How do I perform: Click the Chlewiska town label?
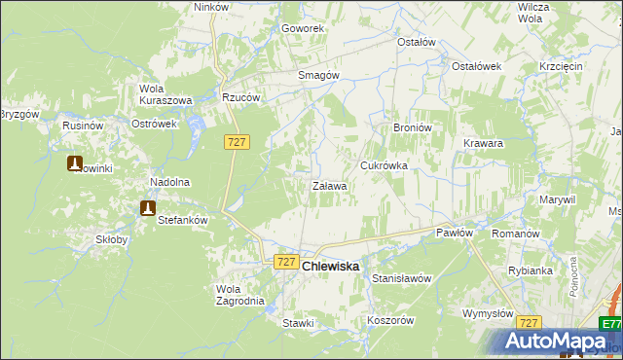pyautogui.click(x=330, y=266)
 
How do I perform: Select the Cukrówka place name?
pyautogui.click(x=384, y=165)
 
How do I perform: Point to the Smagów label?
pyautogui.click(x=317, y=75)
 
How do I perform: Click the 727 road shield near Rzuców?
pyautogui.click(x=238, y=142)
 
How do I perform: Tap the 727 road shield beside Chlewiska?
pyautogui.click(x=286, y=262)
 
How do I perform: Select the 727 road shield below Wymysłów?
pyautogui.click(x=530, y=322)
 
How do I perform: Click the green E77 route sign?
pyautogui.click(x=610, y=325)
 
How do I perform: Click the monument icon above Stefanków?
pyautogui.click(x=148, y=207)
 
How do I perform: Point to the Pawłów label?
pyautogui.click(x=454, y=233)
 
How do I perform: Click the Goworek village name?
pyautogui.click(x=302, y=29)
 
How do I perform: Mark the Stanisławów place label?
pyautogui.click(x=401, y=278)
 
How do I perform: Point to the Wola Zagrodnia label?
pyautogui.click(x=239, y=295)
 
